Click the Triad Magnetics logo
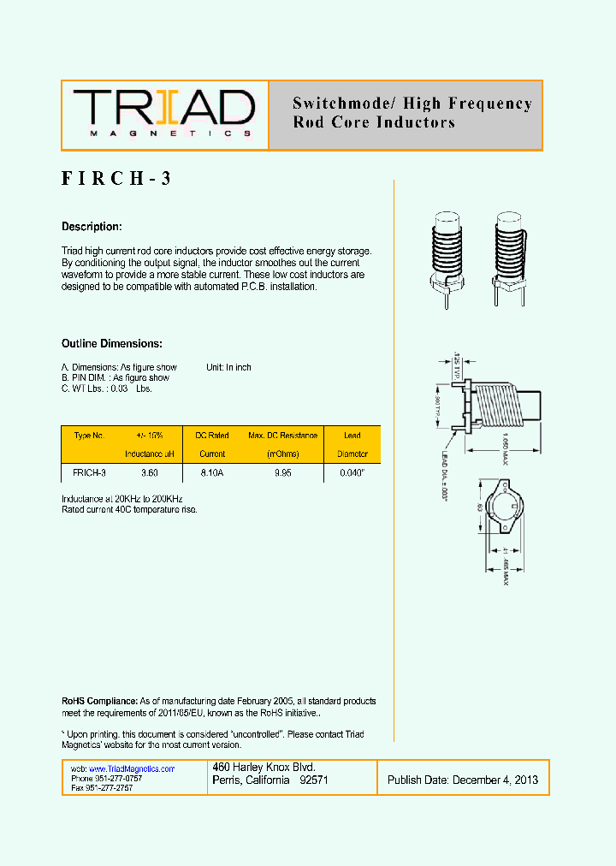[x=163, y=114]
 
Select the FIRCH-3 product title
[x=117, y=180]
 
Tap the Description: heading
[x=92, y=227]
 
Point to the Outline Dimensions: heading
[x=111, y=343]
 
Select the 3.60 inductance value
[x=149, y=472]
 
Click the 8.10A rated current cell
[x=212, y=472]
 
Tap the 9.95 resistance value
[x=282, y=472]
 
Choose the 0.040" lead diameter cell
[x=352, y=472]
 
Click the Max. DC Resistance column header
[x=282, y=436]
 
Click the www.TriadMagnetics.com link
[x=132, y=769]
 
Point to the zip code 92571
[x=313, y=780]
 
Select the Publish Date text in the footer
[x=463, y=780]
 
